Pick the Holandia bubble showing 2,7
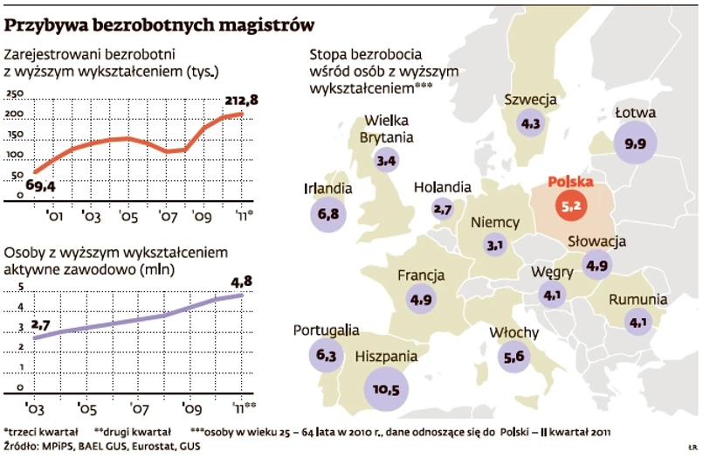tap(442, 209)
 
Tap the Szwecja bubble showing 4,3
tap(530, 124)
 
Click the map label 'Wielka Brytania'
tap(387, 129)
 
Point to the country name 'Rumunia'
tap(638, 300)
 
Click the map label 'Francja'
tap(422, 275)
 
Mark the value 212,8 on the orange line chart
tap(240, 101)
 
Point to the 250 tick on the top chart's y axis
tap(17, 94)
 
